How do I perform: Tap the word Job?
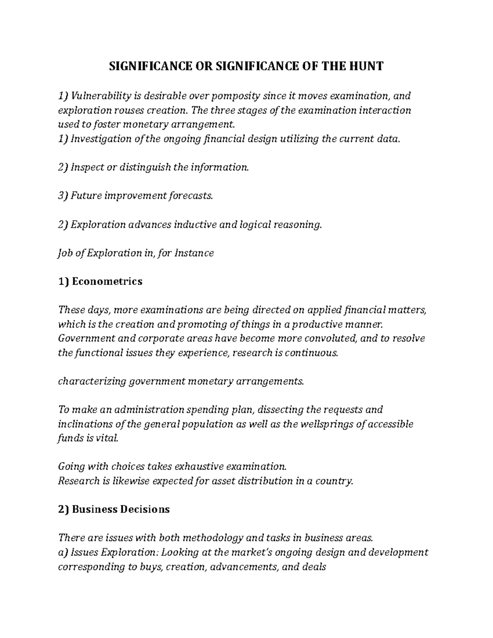click(x=66, y=253)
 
